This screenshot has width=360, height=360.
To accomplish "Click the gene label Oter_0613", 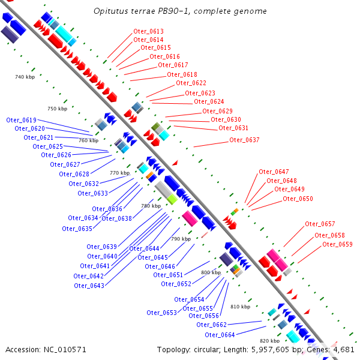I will [148, 31].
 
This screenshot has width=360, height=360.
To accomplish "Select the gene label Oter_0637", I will [244, 140].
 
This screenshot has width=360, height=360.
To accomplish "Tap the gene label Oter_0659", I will [337, 244].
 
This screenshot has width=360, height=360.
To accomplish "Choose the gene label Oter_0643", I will [89, 286].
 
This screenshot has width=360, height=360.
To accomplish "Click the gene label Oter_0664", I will [220, 335].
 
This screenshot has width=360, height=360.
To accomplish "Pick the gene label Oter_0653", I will [161, 313].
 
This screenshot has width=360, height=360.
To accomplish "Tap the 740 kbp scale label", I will [25, 77].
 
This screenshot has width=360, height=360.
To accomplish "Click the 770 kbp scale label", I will [119, 173].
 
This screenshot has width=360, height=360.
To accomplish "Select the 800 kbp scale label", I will [211, 272].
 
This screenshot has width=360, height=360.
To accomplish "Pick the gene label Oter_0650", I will [298, 199].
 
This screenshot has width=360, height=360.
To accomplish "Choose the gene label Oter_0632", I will [83, 184].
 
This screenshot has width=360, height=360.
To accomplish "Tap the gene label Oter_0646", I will [160, 266].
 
